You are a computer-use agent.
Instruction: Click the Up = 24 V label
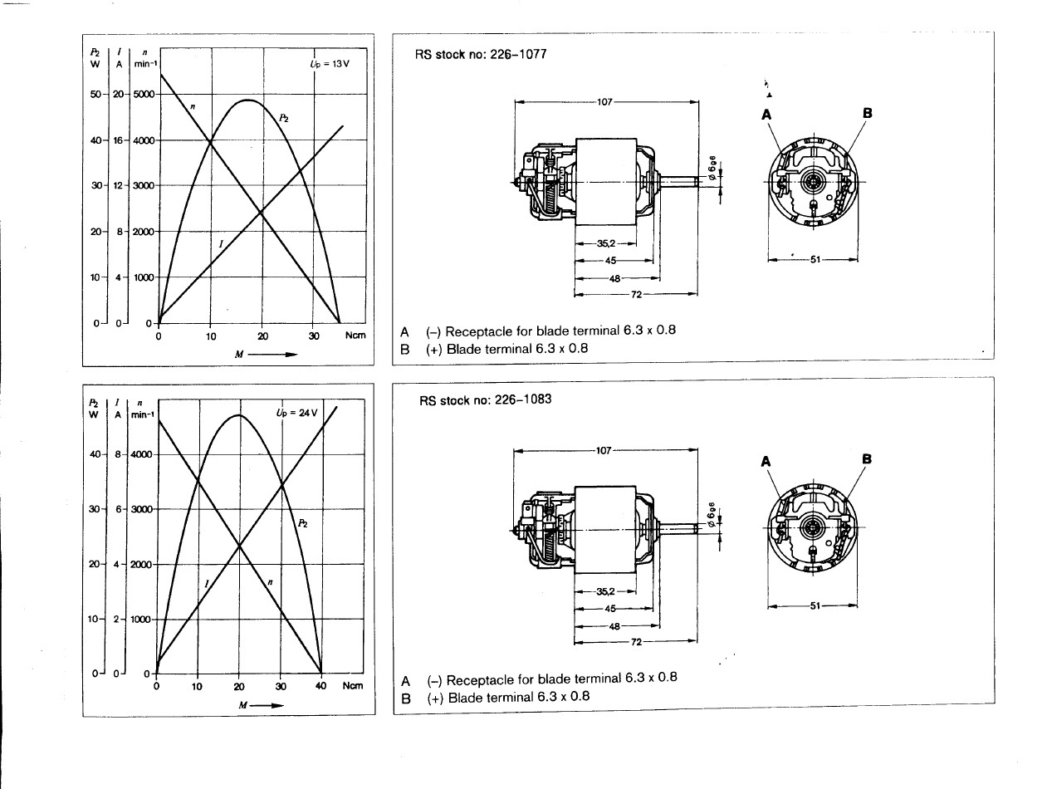click(297, 413)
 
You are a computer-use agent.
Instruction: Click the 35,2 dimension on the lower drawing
click(604, 591)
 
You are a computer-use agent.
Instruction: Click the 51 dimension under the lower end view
click(814, 605)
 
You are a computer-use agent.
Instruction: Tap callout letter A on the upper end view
click(768, 115)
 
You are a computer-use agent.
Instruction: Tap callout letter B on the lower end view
click(867, 458)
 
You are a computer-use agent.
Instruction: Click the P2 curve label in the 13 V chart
click(283, 119)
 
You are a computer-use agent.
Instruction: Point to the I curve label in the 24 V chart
click(205, 584)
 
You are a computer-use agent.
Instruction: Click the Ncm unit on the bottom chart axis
click(353, 686)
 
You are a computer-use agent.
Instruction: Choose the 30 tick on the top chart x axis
click(314, 336)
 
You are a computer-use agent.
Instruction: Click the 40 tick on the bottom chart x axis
click(321, 686)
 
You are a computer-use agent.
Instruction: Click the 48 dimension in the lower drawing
click(614, 625)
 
